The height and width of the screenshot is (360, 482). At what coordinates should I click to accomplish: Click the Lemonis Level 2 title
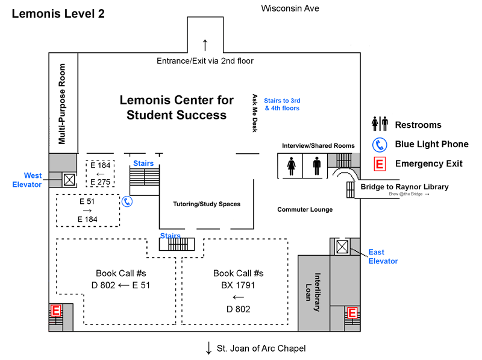pos(58,14)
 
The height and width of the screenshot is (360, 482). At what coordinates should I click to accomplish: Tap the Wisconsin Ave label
pos(290,8)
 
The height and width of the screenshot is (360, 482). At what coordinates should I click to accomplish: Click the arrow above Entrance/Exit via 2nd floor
pos(205,45)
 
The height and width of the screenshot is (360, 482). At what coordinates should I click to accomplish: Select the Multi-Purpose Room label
pos(62,104)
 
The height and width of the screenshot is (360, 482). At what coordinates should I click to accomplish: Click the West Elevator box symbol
pos(69,179)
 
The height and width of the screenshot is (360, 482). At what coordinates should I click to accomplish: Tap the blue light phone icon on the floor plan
pos(127,201)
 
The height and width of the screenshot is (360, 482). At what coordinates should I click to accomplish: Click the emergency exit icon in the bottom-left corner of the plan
pos(55,311)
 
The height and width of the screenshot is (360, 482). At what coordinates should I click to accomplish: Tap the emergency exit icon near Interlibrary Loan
pos(352,313)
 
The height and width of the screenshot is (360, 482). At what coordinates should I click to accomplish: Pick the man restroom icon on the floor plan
pos(316,166)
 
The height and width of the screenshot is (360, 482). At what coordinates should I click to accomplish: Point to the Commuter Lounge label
pos(305,210)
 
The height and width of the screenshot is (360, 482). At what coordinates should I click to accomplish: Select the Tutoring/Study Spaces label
pos(207,204)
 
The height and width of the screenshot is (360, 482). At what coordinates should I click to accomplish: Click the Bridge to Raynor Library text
pos(404,187)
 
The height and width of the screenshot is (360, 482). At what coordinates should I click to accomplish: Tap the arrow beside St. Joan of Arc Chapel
pos(209,348)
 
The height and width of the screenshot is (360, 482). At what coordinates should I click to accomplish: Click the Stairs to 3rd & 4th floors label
pos(282,104)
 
